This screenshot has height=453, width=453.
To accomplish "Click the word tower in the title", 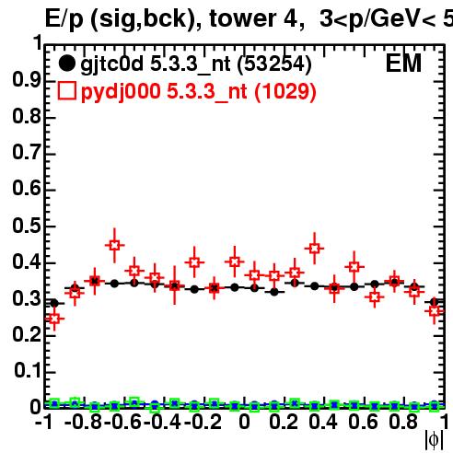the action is coord(242,18).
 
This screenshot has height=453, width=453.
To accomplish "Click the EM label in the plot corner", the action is coord(403,64).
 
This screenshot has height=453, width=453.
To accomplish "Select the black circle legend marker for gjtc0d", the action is coord(66,64).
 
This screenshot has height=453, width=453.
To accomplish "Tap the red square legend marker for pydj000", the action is coord(66,91).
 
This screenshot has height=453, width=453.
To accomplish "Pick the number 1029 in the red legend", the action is coord(285,91).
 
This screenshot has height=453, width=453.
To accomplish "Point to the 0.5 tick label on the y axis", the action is coord(27,226).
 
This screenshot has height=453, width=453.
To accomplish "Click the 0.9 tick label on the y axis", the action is coord(27,80).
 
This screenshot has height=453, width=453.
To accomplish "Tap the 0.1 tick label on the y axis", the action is coord(28,370).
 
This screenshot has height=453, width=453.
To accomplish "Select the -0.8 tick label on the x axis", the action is coord(83,422).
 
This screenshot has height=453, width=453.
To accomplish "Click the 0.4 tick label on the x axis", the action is coord(323,422).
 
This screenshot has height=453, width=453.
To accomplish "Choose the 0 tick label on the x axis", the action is coord(244,422).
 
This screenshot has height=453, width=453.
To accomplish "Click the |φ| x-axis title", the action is coord(434,440).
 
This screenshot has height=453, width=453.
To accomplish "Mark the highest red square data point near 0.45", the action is coord(114,245).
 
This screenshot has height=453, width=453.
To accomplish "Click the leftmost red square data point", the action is coord(54,319).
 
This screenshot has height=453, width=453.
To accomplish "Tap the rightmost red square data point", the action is coord(435,311).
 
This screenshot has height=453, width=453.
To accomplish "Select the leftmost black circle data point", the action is coord(54,303).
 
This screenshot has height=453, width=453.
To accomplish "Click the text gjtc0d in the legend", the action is coord(111,64).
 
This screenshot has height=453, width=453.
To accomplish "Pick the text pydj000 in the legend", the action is coord(121,92).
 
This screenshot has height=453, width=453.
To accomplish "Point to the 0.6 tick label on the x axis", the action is coord(363,422).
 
